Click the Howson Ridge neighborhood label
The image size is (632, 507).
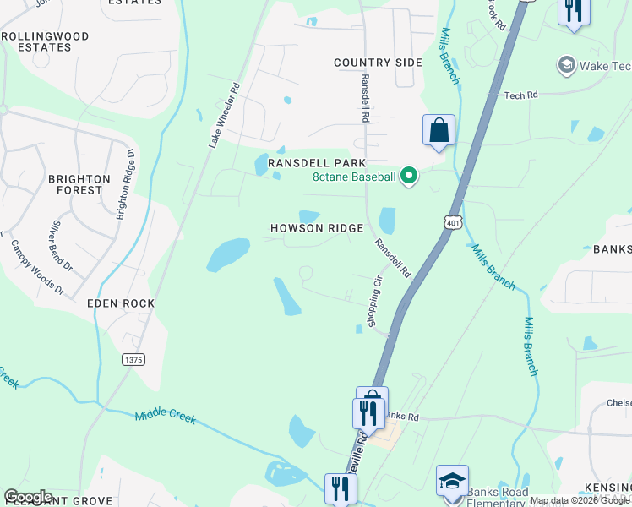tap(317, 228)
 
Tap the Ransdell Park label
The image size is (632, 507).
tap(316, 163)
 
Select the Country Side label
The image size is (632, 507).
tap(378, 63)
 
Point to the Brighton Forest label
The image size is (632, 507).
tap(79, 184)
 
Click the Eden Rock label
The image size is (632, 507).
tap(120, 303)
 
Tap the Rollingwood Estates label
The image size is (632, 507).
tap(47, 42)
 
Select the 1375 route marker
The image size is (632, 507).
tap(133, 359)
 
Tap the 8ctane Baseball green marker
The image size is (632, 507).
tap(409, 177)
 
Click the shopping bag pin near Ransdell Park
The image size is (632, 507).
tap(439, 131)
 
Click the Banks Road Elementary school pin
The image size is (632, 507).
tap(453, 481)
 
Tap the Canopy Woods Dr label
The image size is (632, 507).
tap(37, 268)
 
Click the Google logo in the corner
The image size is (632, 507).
tap(28, 497)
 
